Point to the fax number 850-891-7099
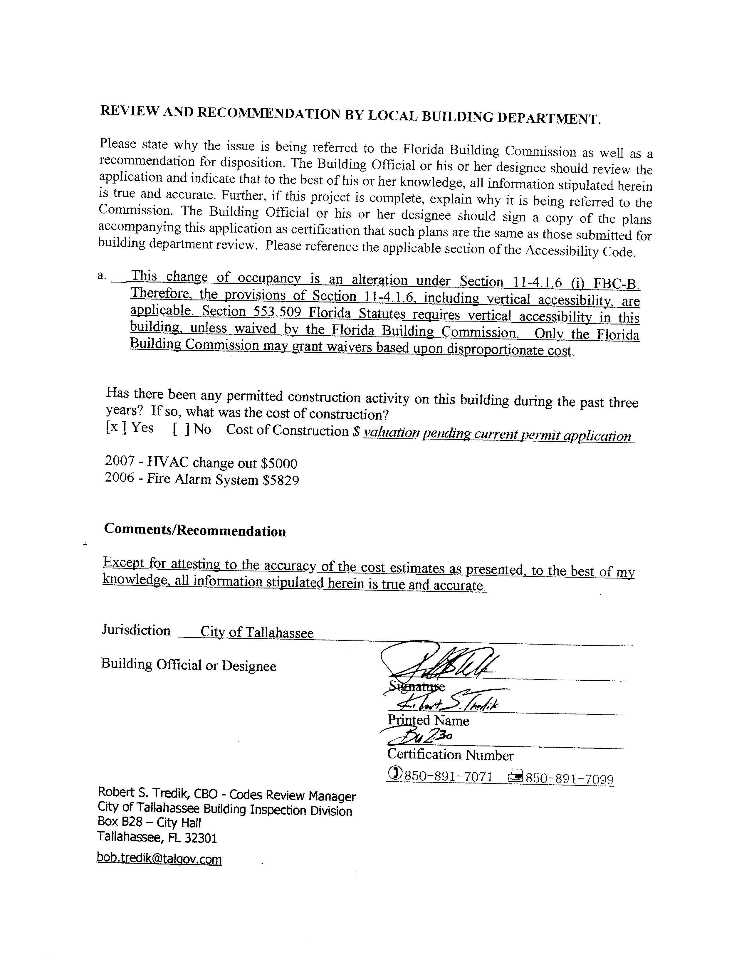point(569,779)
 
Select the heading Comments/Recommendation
point(195,530)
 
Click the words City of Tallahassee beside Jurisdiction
point(257,632)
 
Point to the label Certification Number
point(450,755)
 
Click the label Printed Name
point(428,720)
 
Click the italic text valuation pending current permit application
point(497,434)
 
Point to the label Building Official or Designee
point(189,664)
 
